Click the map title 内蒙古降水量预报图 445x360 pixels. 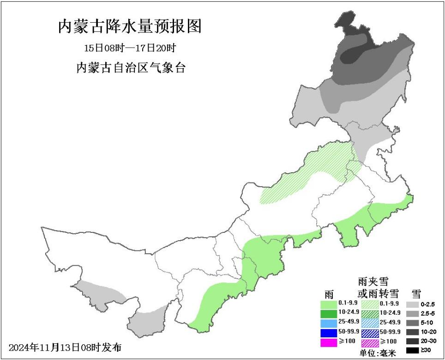(130, 27)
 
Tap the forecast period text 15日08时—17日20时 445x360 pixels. (130, 48)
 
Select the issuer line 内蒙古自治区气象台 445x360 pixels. (130, 68)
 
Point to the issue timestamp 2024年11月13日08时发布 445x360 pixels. (65, 347)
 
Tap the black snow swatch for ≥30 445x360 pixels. (412, 351)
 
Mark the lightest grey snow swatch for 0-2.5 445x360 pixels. (412, 305)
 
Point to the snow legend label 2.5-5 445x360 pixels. (428, 314)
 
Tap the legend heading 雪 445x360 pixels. (416, 293)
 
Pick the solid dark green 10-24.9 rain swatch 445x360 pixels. (329, 314)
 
